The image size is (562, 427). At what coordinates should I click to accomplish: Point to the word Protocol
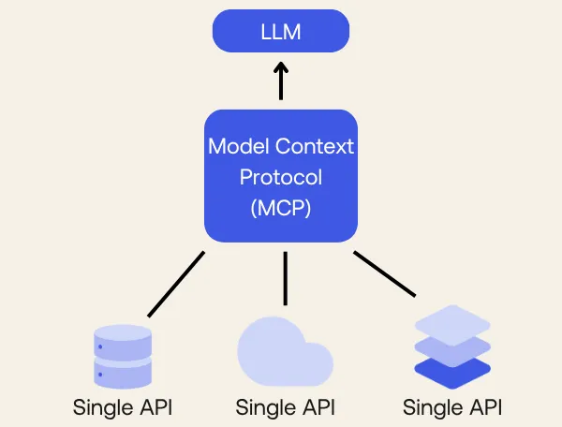click(281, 177)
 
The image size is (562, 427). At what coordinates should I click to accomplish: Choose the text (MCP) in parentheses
click(281, 208)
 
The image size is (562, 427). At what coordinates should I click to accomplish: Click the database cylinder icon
click(123, 356)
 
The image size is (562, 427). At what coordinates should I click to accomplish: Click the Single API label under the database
click(123, 408)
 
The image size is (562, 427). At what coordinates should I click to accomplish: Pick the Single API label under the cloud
click(286, 408)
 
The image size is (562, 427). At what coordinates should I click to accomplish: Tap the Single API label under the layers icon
click(452, 408)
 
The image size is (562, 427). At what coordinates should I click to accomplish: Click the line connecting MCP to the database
click(175, 284)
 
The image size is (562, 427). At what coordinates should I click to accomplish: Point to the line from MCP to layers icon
click(384, 273)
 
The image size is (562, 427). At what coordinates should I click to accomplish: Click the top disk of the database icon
click(123, 335)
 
